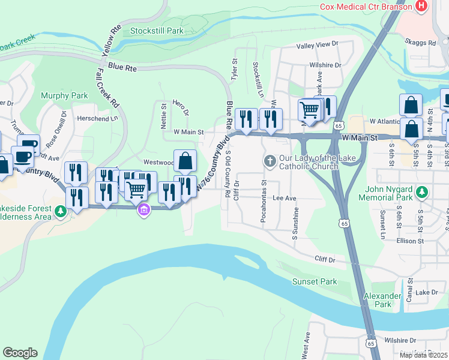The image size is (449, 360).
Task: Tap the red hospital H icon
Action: [x=421, y=6]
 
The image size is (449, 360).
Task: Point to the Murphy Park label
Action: [x=64, y=95]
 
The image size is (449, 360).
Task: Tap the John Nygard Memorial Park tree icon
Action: [x=423, y=192]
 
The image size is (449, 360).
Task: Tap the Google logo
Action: [x=20, y=353]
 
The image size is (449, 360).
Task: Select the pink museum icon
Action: [x=143, y=210]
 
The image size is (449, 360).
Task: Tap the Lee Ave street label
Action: [x=285, y=197]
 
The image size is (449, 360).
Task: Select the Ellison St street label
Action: [x=410, y=241]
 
